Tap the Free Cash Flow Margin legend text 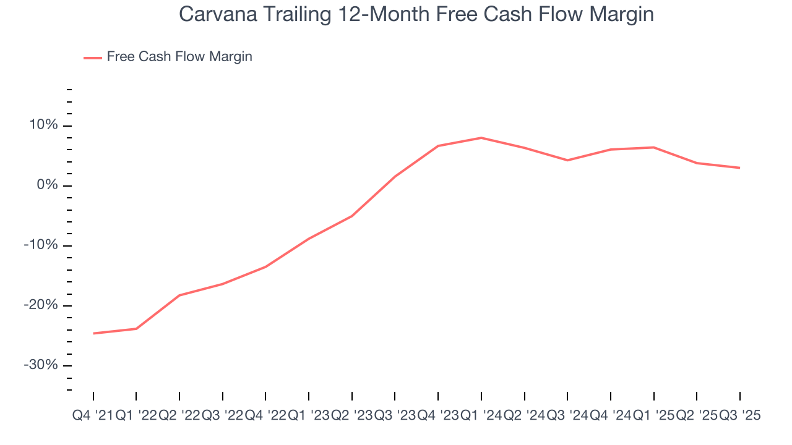179,57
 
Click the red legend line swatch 93,57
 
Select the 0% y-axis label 47,185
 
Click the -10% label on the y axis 41,245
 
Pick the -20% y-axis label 41,305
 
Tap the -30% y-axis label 41,365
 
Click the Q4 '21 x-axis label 93,416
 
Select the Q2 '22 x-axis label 179,416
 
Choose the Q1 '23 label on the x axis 308,416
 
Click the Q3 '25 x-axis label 739,416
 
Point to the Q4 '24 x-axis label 610,416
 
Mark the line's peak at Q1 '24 481,138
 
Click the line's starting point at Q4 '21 93,333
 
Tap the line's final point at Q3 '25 739,167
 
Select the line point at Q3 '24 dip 567,160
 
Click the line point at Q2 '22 179,295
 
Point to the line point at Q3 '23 395,176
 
